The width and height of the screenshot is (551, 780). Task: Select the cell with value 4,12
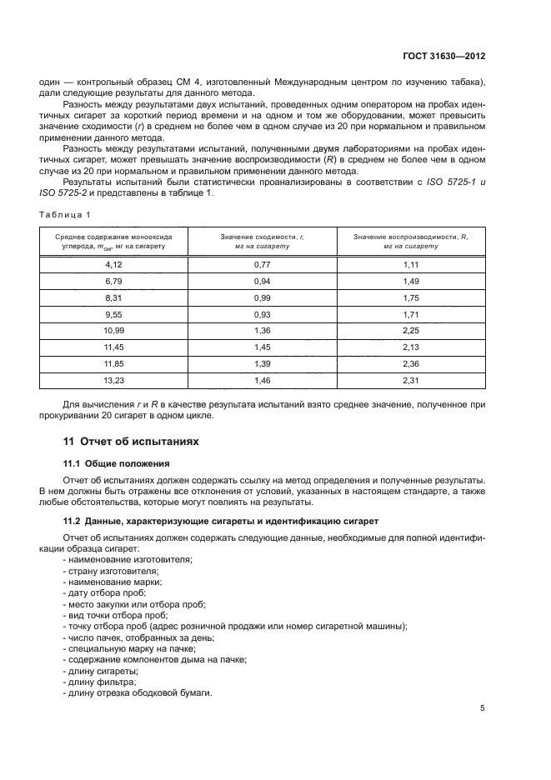point(114,263)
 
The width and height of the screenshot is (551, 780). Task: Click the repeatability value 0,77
point(263,263)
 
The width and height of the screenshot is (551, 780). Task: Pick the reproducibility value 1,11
point(411,263)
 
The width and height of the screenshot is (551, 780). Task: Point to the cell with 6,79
point(114,281)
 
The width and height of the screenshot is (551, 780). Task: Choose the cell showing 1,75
point(411,298)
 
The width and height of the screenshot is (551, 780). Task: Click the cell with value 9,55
point(114,316)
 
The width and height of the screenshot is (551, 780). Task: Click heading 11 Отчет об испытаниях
point(131,440)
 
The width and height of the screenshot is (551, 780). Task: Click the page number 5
point(483,708)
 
